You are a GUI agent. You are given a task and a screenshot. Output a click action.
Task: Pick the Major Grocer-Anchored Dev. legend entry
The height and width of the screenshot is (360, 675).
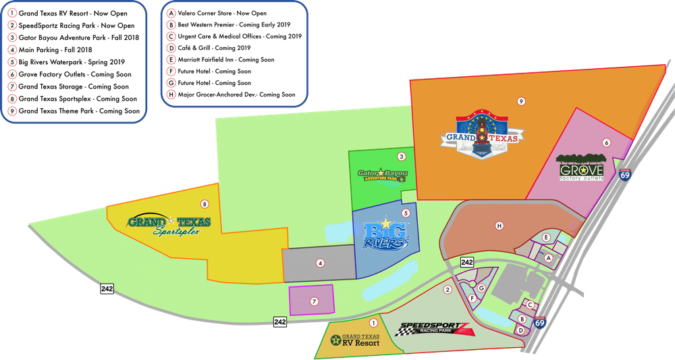(x=232, y=95)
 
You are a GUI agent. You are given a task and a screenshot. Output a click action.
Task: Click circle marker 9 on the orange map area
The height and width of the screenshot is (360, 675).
(x=521, y=101)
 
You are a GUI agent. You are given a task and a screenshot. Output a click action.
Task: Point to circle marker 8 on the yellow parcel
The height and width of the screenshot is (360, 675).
(x=205, y=203)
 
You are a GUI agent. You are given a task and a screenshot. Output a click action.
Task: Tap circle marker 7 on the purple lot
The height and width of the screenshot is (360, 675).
(x=314, y=301)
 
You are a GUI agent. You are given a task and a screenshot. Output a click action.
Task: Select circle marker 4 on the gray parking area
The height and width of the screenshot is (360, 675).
(x=321, y=263)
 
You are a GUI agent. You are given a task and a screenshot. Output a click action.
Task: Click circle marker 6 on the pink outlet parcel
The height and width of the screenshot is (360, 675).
(x=606, y=143)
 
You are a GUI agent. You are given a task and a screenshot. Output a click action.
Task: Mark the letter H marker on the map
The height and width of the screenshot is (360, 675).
(x=499, y=226)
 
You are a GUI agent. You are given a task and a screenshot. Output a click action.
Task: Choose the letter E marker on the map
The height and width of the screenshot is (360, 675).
(x=547, y=237)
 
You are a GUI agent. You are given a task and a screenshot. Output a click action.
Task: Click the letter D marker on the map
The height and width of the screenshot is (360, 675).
(x=520, y=330)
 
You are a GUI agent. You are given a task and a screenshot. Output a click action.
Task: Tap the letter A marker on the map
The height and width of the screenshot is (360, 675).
(x=549, y=258)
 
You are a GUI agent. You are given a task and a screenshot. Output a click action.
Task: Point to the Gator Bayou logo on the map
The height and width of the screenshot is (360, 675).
(x=383, y=174)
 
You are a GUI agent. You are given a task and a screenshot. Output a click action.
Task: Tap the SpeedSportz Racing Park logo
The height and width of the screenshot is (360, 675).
(x=433, y=330)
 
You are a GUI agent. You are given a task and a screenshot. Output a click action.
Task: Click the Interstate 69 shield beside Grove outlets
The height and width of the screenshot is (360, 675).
(x=626, y=176)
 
